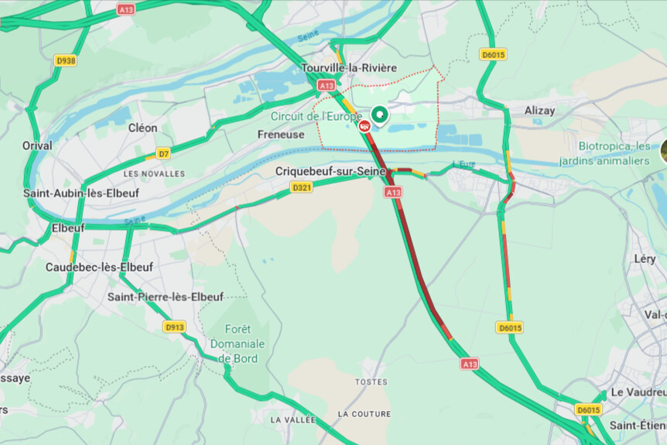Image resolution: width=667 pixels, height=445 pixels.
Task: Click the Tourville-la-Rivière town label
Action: click(349, 68)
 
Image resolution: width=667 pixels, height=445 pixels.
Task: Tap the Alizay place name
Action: click(539, 111)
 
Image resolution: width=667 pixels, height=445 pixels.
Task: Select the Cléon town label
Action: click(142, 128)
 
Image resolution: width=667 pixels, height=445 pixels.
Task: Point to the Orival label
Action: click(37, 145)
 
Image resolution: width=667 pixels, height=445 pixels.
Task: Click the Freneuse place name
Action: click(280, 134)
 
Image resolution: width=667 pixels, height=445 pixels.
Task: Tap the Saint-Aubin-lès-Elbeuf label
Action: click(81, 193)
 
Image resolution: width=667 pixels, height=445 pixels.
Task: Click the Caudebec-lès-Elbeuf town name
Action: click(99, 267)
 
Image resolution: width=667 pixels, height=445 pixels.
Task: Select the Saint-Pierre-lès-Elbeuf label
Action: click(165, 296)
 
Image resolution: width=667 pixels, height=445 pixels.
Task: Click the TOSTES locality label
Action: click(371, 382)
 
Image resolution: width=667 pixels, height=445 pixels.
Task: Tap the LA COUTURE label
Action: click(364, 414)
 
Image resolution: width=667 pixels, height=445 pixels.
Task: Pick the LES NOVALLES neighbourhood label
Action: click(154, 173)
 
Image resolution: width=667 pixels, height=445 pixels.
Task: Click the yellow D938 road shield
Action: click(66, 60)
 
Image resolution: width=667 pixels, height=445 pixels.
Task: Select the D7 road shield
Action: click(163, 153)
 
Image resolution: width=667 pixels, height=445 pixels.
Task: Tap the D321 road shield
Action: click(302, 187)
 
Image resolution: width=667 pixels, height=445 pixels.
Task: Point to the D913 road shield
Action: click(175, 327)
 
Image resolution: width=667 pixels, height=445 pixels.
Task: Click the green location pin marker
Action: click(379, 116)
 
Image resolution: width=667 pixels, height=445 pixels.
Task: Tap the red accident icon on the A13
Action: click(364, 125)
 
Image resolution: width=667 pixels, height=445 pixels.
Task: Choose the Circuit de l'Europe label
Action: click(316, 116)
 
